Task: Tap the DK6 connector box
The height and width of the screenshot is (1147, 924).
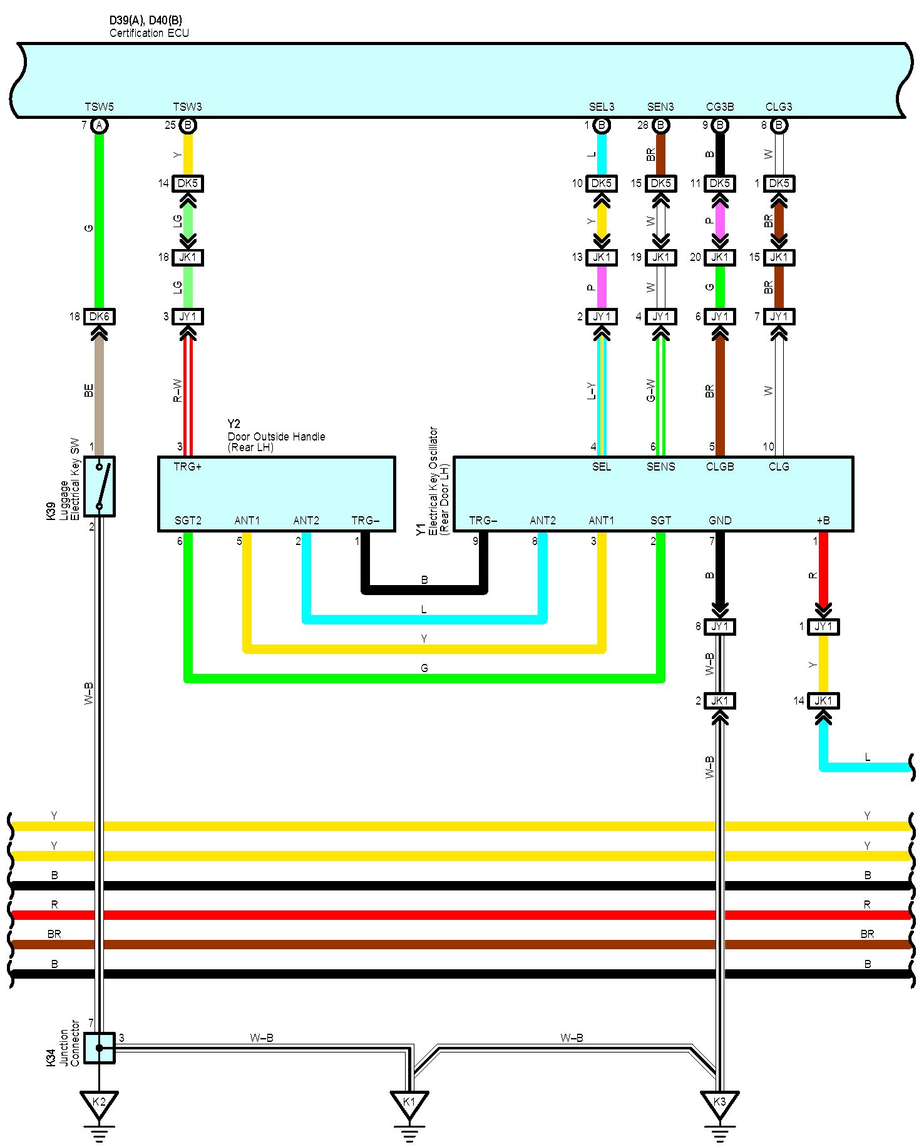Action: [99, 317]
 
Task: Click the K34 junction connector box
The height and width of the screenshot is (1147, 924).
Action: [99, 1048]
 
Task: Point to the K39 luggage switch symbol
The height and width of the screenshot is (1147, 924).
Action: [99, 486]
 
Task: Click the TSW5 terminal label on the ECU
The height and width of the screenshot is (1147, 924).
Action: [99, 107]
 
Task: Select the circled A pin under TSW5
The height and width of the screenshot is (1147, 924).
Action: [99, 125]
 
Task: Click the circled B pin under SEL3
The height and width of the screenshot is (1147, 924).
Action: [602, 125]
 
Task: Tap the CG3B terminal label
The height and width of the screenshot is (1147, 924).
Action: [720, 107]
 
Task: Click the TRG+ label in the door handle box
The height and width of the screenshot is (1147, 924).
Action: [188, 467]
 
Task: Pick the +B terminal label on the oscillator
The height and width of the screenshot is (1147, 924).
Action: [823, 521]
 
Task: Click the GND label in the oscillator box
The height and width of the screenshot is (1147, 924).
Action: [720, 521]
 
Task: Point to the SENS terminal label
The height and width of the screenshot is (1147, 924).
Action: [661, 467]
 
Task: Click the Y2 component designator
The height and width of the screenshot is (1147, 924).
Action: [234, 424]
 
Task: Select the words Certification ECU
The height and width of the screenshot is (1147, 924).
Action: [149, 33]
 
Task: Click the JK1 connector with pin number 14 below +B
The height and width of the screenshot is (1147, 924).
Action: [823, 701]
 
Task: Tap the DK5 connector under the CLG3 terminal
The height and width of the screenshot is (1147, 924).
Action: [779, 183]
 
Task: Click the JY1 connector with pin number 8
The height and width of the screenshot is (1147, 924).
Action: [720, 626]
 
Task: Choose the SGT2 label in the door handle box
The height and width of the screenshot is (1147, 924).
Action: [188, 521]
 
